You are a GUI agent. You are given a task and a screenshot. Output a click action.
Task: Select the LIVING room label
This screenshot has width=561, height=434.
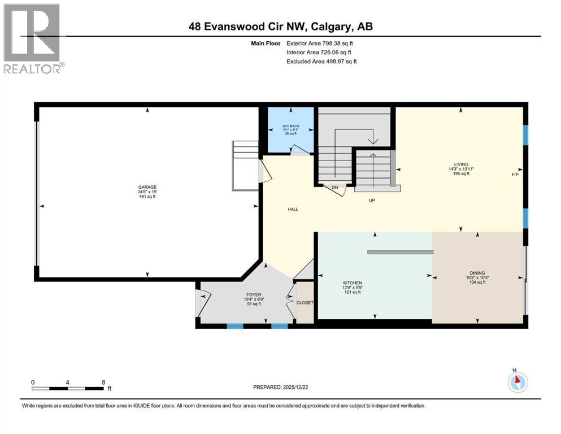[x=461, y=164]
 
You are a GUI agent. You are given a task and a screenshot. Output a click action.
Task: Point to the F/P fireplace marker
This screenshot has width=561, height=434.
[x=515, y=175]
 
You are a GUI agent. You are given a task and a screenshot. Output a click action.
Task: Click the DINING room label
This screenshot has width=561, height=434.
[x=477, y=273]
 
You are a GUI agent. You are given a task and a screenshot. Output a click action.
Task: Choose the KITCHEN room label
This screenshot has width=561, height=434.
[x=353, y=283]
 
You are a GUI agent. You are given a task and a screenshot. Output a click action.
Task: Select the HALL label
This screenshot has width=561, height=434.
[x=293, y=209]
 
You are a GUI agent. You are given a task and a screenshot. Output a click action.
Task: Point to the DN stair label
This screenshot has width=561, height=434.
[x=334, y=187]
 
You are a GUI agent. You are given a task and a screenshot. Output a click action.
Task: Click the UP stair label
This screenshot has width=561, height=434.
[x=372, y=200]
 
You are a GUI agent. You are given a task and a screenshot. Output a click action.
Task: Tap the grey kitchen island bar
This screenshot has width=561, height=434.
[x=399, y=252]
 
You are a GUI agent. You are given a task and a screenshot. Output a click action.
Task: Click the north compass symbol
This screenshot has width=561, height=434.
[x=517, y=383]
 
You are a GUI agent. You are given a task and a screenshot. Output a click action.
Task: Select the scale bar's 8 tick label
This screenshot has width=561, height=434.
[x=103, y=382]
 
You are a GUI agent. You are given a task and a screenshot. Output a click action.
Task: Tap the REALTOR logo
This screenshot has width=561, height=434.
[x=33, y=38]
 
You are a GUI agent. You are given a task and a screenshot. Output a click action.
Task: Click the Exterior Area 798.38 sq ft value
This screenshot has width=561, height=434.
[x=320, y=43]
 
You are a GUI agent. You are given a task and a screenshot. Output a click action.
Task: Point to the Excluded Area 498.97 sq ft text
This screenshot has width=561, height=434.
[x=321, y=61]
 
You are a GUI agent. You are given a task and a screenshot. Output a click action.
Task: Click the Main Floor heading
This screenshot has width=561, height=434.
[x=266, y=43]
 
